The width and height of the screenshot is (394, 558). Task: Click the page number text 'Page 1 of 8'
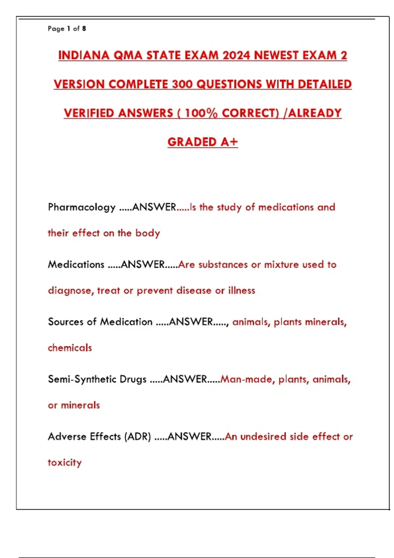click(67, 29)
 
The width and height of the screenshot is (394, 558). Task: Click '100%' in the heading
click(201, 113)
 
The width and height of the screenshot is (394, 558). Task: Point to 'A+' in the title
click(229, 142)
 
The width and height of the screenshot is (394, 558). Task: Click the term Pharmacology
click(81, 207)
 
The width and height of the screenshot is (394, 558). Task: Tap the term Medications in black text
click(76, 265)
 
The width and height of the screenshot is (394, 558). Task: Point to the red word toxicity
click(65, 462)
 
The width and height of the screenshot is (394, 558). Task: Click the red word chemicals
click(70, 348)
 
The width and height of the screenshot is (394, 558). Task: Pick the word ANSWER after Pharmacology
click(154, 207)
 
